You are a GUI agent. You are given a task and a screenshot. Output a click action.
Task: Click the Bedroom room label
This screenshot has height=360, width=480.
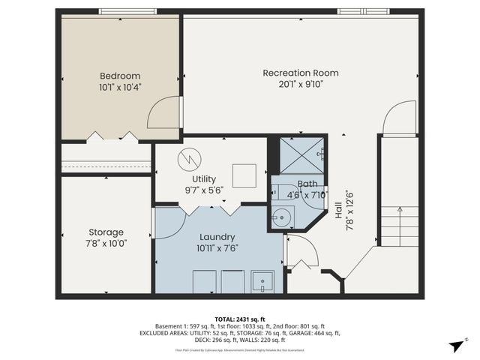click(x=120, y=76)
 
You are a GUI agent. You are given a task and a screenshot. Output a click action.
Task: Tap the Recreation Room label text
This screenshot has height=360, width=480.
click(x=300, y=73)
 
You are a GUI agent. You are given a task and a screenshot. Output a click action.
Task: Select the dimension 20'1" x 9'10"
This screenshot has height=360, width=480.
click(x=300, y=84)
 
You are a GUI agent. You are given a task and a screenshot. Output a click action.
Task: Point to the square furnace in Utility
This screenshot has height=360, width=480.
click(x=243, y=175)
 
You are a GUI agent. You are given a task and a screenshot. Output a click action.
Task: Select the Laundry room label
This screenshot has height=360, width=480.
click(x=217, y=236)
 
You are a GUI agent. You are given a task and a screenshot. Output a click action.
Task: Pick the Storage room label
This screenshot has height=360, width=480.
click(x=106, y=232)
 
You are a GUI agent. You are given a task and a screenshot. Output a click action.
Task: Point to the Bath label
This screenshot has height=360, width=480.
click(x=307, y=184)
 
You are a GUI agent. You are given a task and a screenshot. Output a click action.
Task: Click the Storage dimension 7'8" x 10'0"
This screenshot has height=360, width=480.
click(x=106, y=243)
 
